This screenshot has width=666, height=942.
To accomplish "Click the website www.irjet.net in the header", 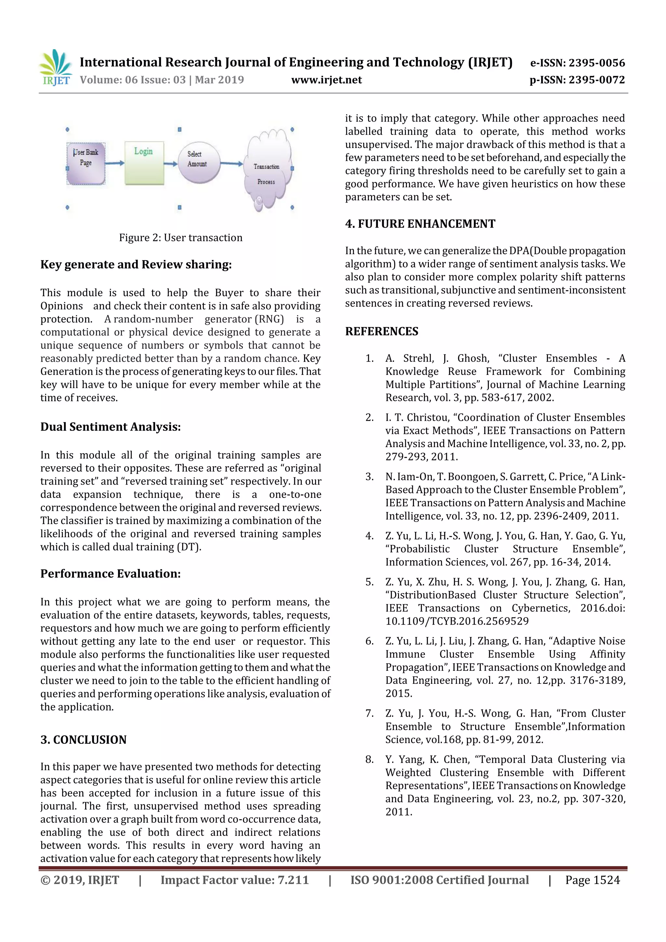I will point(326,80).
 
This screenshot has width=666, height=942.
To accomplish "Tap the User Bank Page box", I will point(86,163).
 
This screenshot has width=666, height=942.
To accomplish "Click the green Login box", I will point(144,163).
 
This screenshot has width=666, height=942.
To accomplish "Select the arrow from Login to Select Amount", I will point(171,164).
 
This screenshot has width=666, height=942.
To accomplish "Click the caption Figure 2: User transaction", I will point(180,238).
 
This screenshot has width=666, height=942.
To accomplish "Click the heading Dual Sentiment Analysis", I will point(110,427).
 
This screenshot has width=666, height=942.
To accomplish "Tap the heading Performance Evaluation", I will point(110,574).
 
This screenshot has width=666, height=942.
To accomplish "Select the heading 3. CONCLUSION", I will point(83,740).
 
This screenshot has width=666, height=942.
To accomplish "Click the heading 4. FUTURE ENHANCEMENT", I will point(420,224).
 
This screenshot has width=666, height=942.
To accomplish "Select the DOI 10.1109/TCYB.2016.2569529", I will point(457,621).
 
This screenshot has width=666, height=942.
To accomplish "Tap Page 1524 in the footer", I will point(592,880).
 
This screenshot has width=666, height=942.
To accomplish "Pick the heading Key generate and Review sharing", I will point(136,265).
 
